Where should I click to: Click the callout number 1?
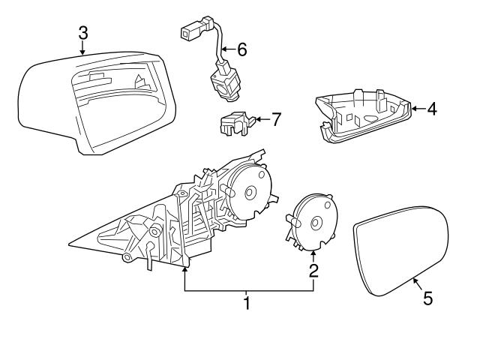pos(245,304)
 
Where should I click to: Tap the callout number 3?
pos(82,32)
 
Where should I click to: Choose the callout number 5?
pos(427,299)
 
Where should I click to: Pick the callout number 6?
pos(241,50)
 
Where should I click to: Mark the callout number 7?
pos(276,118)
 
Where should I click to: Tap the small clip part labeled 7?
pos(234,121)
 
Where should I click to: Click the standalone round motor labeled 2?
pos(310,222)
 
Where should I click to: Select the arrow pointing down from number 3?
pos(82,51)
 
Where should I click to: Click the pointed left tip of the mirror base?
pos(68,244)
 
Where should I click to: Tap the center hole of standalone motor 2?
pos(316,223)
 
